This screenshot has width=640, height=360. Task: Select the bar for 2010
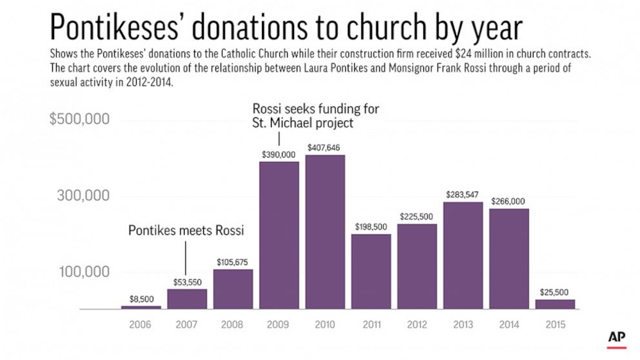325,232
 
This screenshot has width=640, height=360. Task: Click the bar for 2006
141,307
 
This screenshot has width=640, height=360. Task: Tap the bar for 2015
555,304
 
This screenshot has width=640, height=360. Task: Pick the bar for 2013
463,255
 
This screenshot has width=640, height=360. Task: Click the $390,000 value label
279,154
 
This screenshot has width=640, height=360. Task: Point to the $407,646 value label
325,148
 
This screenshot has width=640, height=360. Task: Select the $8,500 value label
141,299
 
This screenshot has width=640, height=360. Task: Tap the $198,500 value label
371,227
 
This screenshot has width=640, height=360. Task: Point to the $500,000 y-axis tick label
79,120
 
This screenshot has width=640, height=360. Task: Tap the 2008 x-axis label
233,324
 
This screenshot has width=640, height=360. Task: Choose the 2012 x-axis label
417,324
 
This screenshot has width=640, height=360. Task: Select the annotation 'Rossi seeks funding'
316,115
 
